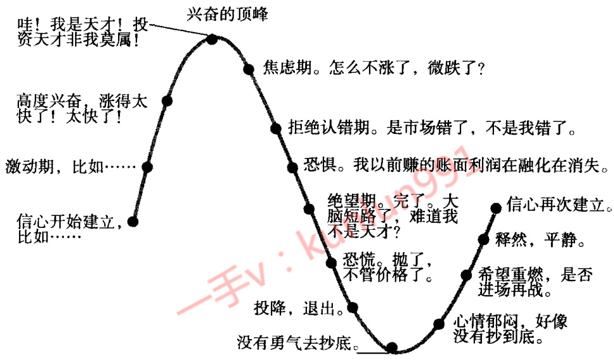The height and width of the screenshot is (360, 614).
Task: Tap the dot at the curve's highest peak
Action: pos(212,39)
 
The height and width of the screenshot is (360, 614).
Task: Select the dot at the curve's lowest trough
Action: pos(392,347)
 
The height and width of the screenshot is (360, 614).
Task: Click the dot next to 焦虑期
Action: pos(248,68)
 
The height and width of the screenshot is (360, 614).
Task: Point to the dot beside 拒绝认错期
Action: pos(275,129)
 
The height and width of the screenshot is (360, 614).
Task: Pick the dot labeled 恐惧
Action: pos(292,167)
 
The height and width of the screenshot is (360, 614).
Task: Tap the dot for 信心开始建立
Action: pos(133,221)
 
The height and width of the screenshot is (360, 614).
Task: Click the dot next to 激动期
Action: pos(147,167)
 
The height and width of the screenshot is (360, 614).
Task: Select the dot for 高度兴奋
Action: pos(167,100)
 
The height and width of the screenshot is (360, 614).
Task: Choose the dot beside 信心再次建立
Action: pos(495,207)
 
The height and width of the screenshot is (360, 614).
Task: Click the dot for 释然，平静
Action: pos(483,239)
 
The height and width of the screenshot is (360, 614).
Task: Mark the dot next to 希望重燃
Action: pos(467,275)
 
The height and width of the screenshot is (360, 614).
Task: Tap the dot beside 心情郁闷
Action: pos(438,324)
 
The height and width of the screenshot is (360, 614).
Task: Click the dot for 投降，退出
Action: pos(353,308)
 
